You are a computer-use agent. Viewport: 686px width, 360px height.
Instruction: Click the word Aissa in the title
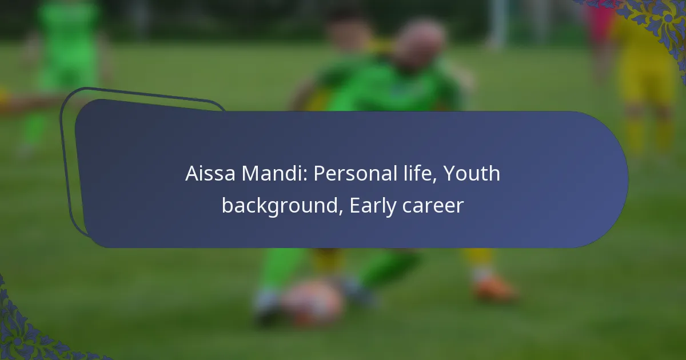[x=210, y=173]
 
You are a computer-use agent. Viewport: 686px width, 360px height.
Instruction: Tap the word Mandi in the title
[x=274, y=173]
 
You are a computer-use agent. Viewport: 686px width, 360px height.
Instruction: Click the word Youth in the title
[x=472, y=173]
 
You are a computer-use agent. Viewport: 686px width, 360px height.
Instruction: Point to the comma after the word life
[x=435, y=181]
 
